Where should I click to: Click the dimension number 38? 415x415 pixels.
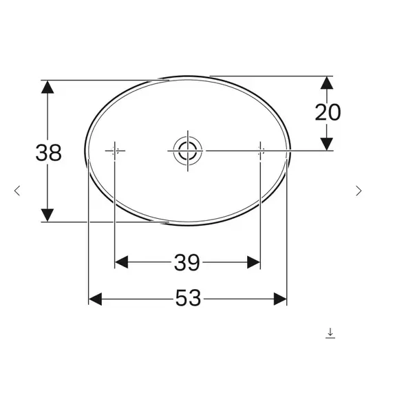[48, 152]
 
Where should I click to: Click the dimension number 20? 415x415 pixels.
[328, 111]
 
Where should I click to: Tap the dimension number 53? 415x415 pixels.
[187, 298]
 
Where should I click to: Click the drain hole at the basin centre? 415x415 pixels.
[187, 150]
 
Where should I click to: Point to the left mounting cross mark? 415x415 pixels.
[115, 150]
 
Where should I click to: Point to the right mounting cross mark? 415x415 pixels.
[260, 150]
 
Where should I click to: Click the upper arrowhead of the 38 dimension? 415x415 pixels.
[47, 87]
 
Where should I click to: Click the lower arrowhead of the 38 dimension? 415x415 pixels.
[47, 215]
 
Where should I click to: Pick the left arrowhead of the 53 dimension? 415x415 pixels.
[96, 298]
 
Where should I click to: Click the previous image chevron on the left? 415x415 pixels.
[18, 191]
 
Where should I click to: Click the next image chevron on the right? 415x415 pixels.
[358, 191]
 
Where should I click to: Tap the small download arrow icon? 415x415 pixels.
[330, 333]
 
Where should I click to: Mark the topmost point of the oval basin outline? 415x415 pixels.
[187, 75]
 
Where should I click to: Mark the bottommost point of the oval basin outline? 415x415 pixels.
[187, 224]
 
